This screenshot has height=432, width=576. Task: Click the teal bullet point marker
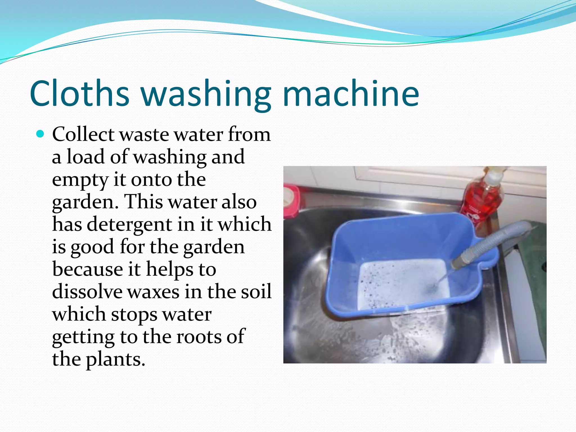pos(40,134)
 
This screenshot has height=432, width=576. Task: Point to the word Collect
pos(83,134)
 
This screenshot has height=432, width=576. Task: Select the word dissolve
pos(87,292)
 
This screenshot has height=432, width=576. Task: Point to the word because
pos(87,269)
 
